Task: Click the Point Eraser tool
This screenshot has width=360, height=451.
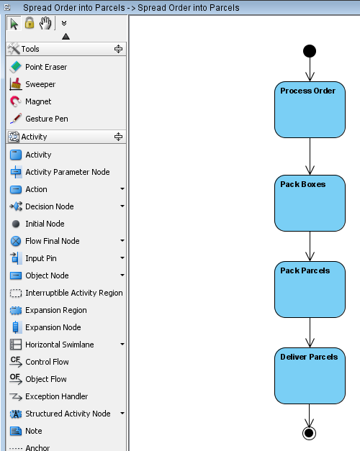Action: (38, 67)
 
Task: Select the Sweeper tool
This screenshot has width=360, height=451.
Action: (32, 84)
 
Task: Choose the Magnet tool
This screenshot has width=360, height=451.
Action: (30, 101)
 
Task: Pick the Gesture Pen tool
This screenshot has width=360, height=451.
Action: (39, 119)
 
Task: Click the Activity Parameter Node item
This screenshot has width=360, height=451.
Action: (60, 172)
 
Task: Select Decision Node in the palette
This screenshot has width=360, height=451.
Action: (42, 206)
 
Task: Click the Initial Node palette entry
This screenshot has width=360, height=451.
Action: (37, 224)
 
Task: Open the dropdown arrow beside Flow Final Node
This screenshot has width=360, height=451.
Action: (122, 241)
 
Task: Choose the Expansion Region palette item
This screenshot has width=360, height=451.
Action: (48, 310)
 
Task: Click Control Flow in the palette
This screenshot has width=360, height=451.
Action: (39, 362)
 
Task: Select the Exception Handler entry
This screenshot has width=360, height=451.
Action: (49, 396)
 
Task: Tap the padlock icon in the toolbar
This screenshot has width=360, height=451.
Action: (30, 23)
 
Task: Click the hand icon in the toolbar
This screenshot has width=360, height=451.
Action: (45, 23)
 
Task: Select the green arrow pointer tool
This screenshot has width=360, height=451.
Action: (14, 24)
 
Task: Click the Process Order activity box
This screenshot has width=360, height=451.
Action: (310, 109)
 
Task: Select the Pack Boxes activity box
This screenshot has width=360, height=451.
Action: (310, 203)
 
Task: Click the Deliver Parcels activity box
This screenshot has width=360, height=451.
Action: (310, 376)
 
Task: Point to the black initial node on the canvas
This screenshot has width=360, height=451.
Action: (310, 51)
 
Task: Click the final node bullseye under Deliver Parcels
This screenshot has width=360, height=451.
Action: (310, 433)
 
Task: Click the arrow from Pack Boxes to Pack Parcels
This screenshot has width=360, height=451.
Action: (310, 246)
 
